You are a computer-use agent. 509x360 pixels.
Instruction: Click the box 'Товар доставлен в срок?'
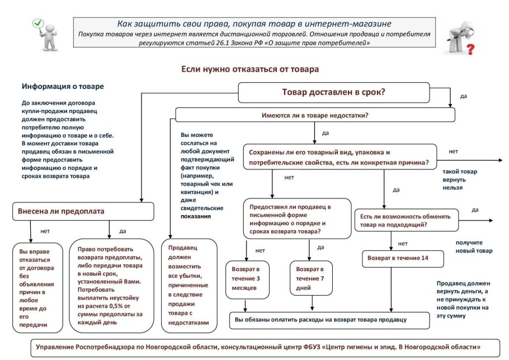coord(334,93)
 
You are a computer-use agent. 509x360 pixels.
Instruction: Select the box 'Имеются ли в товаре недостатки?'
coord(315,116)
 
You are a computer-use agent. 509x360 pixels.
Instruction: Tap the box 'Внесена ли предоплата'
coord(83,211)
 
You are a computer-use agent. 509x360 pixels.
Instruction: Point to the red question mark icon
coord(470,50)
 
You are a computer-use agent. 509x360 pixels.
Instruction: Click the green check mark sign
coord(38,23)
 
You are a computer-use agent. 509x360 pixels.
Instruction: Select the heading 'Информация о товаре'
coord(63,87)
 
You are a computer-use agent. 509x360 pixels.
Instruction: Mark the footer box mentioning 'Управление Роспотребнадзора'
coord(258,347)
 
